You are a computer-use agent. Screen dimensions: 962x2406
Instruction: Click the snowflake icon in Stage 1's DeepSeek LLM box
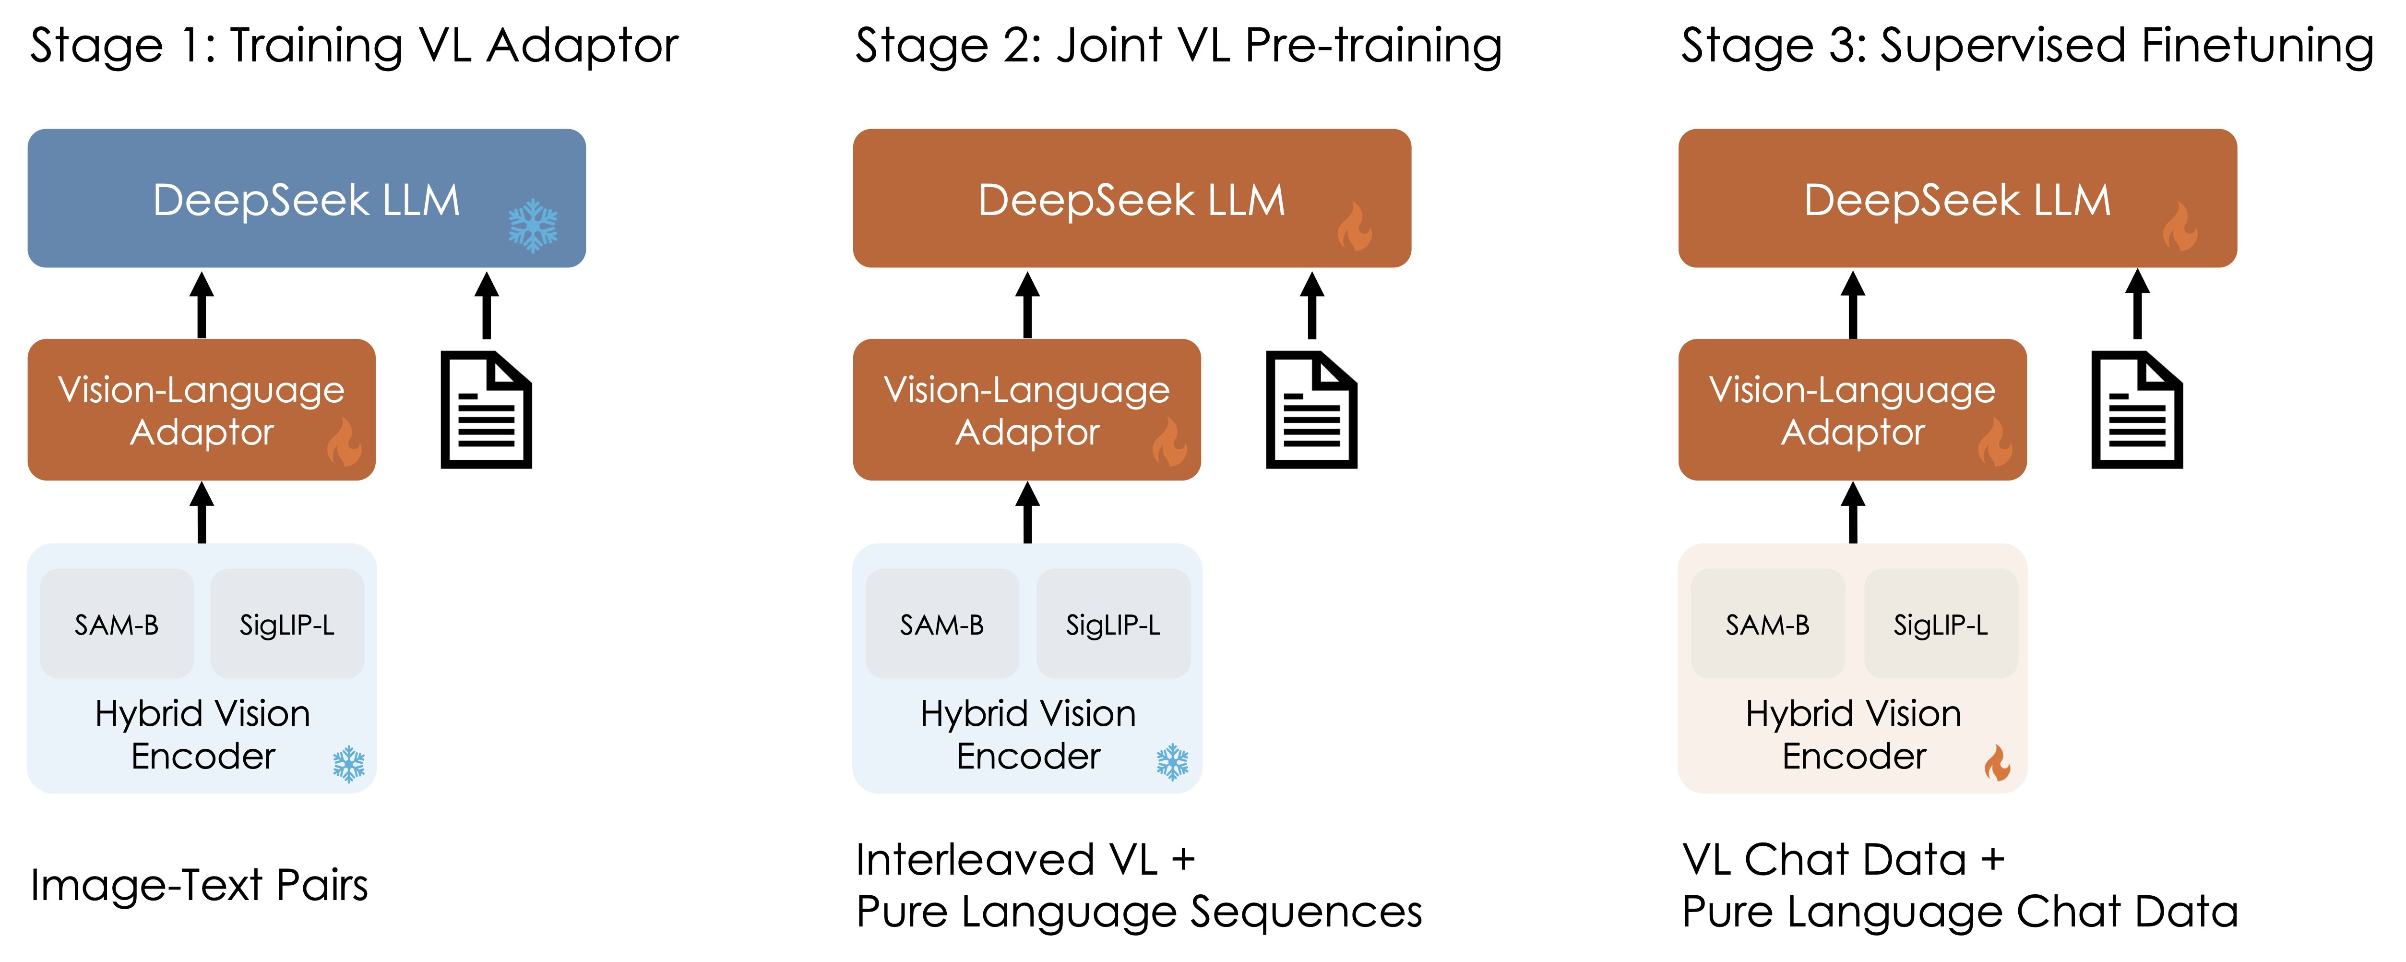pyautogui.click(x=532, y=225)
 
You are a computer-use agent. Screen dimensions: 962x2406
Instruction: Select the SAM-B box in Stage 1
pyautogui.click(x=117, y=624)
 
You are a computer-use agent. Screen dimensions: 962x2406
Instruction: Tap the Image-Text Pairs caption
pyautogui.click(x=199, y=885)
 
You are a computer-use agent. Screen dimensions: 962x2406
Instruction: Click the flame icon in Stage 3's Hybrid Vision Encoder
pyautogui.click(x=1997, y=763)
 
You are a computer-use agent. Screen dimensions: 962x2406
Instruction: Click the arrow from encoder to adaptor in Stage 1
pyautogui.click(x=202, y=512)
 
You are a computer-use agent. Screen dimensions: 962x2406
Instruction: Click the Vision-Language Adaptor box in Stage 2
pyautogui.click(x=1026, y=409)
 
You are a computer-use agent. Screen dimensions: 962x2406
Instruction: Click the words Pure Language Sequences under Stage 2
pyautogui.click(x=1139, y=912)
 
